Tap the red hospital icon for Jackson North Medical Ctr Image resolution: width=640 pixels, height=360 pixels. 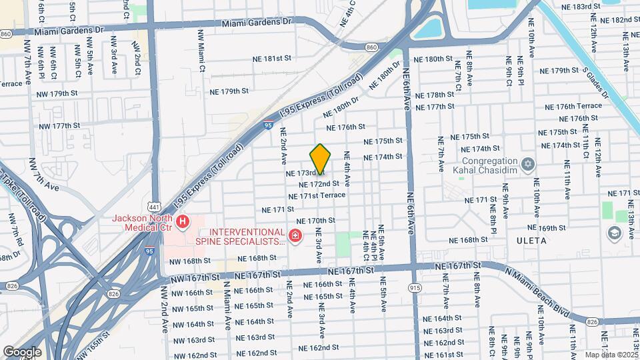[182, 221]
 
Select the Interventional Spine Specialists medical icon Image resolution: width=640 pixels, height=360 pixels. [295, 235]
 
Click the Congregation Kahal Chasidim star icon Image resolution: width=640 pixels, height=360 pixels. [528, 163]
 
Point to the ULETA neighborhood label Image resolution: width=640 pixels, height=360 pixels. [531, 240]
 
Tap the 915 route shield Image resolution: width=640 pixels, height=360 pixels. [415, 287]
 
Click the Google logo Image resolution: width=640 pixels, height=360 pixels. [22, 351]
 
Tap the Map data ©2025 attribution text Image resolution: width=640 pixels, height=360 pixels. [611, 355]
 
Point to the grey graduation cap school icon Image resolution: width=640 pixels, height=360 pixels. [613, 233]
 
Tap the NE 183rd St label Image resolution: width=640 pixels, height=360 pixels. [587, 7]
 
